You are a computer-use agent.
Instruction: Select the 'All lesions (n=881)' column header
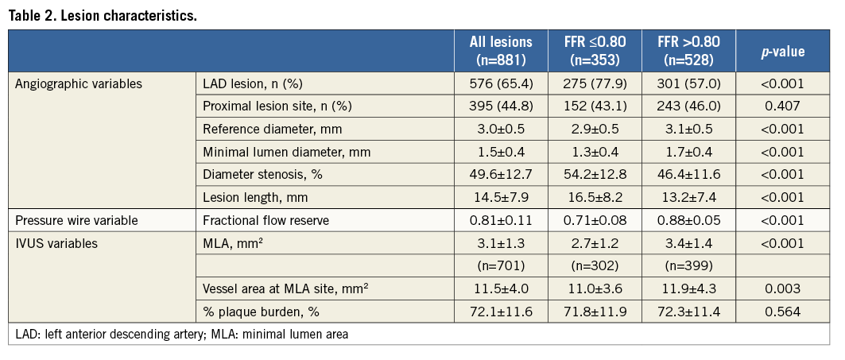(501, 50)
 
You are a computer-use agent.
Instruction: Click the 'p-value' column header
(783, 51)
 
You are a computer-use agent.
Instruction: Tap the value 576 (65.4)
(501, 83)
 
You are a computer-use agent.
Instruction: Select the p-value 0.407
(783, 106)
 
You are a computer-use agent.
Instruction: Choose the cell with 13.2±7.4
(688, 197)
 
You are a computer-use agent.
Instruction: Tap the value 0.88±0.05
(688, 220)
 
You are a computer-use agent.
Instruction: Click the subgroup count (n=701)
(501, 266)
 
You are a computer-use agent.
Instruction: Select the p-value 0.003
(783, 289)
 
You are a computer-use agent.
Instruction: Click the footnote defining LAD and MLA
(182, 335)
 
